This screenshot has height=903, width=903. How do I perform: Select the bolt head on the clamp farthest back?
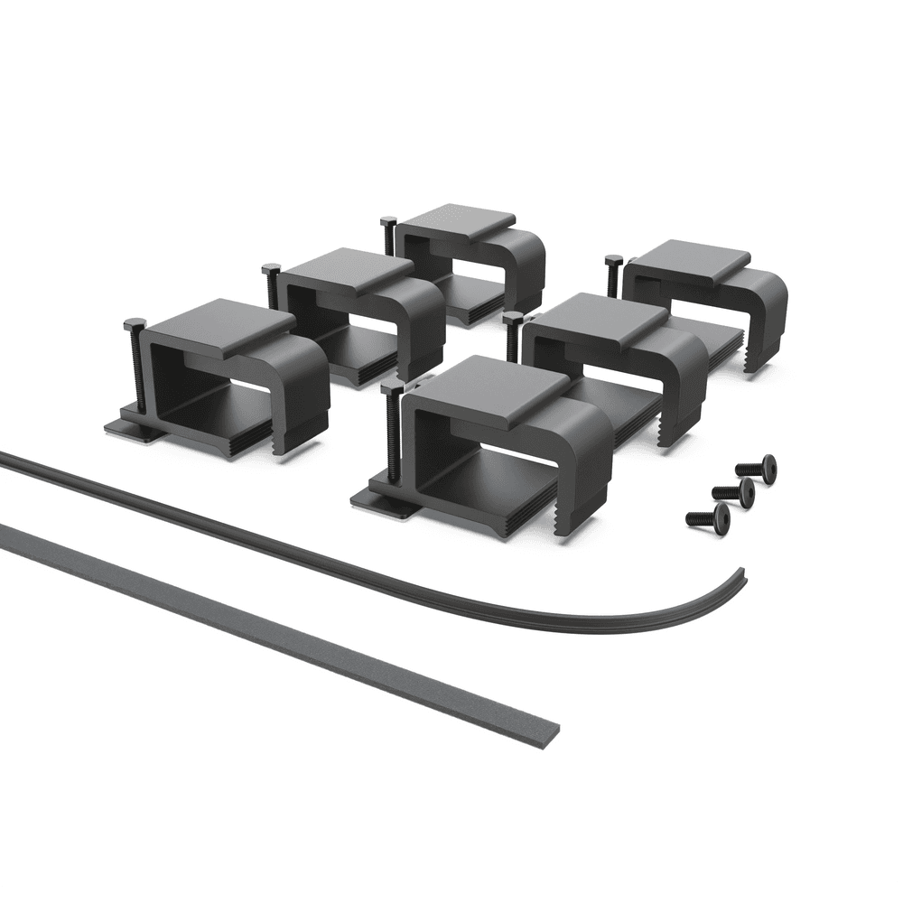pyautogui.click(x=389, y=221)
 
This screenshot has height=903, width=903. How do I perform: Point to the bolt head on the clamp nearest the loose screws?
pyautogui.click(x=613, y=262)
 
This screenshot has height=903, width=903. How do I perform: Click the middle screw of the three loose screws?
pyautogui.click(x=734, y=490)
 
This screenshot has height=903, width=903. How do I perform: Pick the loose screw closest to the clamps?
pyautogui.click(x=758, y=467)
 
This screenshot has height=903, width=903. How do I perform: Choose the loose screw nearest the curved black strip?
pyautogui.click(x=708, y=516)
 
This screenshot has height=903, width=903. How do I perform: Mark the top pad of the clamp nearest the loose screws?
pyautogui.click(x=686, y=256)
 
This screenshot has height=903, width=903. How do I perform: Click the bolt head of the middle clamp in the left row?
pyautogui.click(x=270, y=270)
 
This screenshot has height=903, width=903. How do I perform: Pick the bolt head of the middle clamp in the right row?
pyautogui.click(x=513, y=319)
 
